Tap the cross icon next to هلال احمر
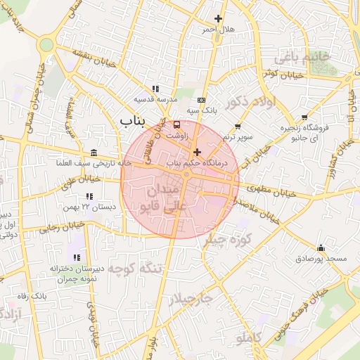point(219,18)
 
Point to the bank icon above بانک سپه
point(202,100)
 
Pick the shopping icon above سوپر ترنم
point(238,127)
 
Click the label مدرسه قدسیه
point(155,100)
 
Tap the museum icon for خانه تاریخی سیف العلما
point(94,153)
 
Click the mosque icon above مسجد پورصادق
point(321,247)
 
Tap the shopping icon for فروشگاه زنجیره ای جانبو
point(304,117)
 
